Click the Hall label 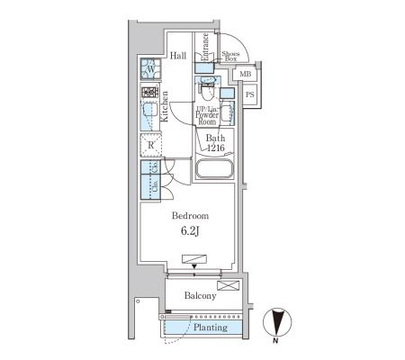click(x=178, y=56)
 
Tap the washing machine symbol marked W click(x=151, y=69)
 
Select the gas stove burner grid click(x=149, y=92)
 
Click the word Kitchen click(x=165, y=106)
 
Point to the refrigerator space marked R click(x=151, y=145)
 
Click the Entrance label click(x=205, y=47)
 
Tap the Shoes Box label click(x=230, y=57)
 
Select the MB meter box click(x=245, y=74)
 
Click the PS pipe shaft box click(x=250, y=94)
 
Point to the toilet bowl click(x=206, y=92)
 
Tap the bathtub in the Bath click(x=214, y=169)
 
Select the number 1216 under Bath click(x=216, y=148)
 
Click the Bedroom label click(x=190, y=216)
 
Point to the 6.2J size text click(x=190, y=231)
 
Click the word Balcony click(x=200, y=296)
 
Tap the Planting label click(x=211, y=328)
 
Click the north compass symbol click(x=277, y=322)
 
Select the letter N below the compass click(x=275, y=341)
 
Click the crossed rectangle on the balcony click(x=229, y=285)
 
